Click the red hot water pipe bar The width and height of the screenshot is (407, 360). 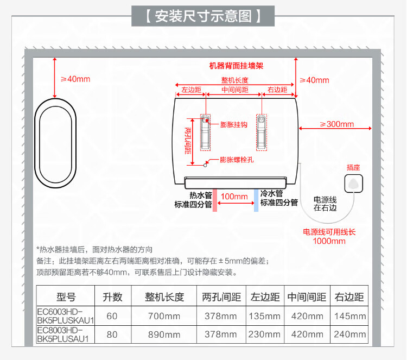(x=215, y=199)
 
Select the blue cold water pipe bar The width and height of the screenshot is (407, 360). (x=255, y=199)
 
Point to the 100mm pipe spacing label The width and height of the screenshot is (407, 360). (x=234, y=196)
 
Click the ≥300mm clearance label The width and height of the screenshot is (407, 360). (x=336, y=124)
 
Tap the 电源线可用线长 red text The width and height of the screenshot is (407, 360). (x=329, y=232)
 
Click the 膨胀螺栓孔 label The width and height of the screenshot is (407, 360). (x=237, y=160)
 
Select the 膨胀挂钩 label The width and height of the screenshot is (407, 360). (x=234, y=124)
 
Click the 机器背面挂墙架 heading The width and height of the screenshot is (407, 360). (x=236, y=66)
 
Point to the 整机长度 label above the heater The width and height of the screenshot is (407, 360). (x=234, y=81)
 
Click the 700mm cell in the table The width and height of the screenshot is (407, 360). (x=164, y=316)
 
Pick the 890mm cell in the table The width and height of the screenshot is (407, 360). (x=164, y=334)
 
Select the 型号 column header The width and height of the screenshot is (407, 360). (x=66, y=297)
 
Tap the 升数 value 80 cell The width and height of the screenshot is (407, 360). (x=112, y=334)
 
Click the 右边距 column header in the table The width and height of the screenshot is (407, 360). (x=349, y=297)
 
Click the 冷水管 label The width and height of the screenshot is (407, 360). (x=271, y=193)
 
